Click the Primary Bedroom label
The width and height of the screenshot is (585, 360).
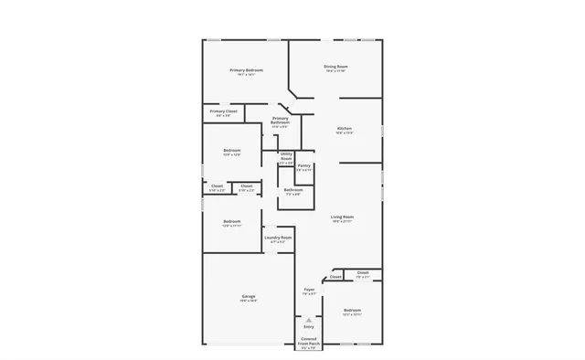(x=247, y=70)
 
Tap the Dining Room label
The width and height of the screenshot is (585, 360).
(x=335, y=67)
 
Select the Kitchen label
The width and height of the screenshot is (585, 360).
(x=345, y=128)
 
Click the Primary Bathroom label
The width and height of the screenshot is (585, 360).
(x=280, y=121)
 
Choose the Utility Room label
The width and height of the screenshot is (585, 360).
(x=286, y=156)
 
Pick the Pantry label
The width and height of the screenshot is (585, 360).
(x=304, y=165)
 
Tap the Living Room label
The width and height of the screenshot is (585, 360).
(x=343, y=217)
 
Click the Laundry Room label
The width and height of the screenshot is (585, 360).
(x=278, y=238)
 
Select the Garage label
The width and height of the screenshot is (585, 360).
(x=248, y=296)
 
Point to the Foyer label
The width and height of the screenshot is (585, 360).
(x=309, y=290)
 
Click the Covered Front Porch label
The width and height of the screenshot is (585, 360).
(x=308, y=340)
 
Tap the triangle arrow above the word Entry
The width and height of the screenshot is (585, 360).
(x=309, y=320)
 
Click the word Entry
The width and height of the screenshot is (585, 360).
(x=309, y=327)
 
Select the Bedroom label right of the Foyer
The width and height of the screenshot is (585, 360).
(x=352, y=311)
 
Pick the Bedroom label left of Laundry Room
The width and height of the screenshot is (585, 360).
(x=232, y=221)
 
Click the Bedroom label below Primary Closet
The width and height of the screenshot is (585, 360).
(x=232, y=150)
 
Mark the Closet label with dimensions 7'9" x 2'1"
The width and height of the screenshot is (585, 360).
(x=363, y=272)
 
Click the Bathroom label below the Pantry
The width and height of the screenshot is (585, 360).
(x=292, y=189)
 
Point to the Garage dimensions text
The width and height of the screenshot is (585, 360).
(x=248, y=301)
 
